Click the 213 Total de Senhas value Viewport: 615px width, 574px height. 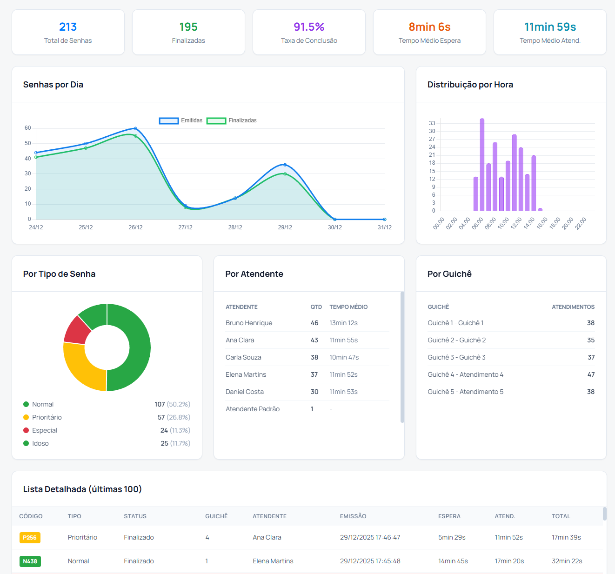point(68,27)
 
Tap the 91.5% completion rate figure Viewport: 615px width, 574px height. point(309,27)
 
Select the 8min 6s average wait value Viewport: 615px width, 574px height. point(429,27)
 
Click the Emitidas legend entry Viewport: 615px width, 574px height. point(181,120)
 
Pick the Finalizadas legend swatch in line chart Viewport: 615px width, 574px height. point(216,120)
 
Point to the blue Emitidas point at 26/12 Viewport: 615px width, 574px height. point(135,128)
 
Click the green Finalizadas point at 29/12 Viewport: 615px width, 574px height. point(285,174)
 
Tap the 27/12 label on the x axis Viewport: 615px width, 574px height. point(185,227)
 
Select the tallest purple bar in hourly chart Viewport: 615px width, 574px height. point(482,165)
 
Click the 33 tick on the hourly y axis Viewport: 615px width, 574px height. point(432,123)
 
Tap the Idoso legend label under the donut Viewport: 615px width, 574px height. point(40,443)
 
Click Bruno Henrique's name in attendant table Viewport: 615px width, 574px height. point(249,323)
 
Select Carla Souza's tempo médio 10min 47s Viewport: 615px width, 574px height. point(344,357)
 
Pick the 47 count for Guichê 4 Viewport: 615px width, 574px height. point(591,374)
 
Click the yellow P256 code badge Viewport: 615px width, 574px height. point(30,538)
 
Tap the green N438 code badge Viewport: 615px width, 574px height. point(30,561)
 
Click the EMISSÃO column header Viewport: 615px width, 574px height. point(353,516)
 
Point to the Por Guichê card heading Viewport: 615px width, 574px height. point(449,274)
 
